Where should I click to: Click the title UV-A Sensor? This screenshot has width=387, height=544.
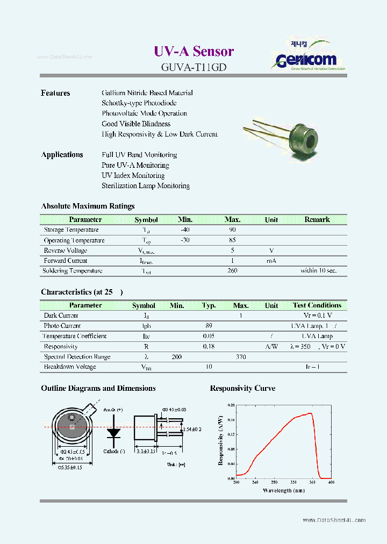pyautogui.click(x=193, y=51)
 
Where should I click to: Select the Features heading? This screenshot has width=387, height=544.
pyautogui.click(x=55, y=93)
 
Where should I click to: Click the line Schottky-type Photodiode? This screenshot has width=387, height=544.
pyautogui.click(x=139, y=103)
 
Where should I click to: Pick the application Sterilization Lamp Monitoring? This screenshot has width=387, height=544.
pyautogui.click(x=146, y=186)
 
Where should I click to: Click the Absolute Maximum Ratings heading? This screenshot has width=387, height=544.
pyautogui.click(x=88, y=206)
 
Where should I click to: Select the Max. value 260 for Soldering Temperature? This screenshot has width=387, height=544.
pyautogui.click(x=232, y=271)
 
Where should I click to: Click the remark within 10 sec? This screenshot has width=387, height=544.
pyautogui.click(x=318, y=271)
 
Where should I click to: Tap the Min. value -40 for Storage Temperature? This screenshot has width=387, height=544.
pyautogui.click(x=185, y=230)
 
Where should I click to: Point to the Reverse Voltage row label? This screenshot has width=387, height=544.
pyautogui.click(x=66, y=250)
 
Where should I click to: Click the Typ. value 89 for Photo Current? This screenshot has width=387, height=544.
pyautogui.click(x=209, y=326)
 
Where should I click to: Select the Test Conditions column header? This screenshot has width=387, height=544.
pyautogui.click(x=317, y=305)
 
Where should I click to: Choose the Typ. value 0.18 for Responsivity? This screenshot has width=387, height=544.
pyautogui.click(x=209, y=347)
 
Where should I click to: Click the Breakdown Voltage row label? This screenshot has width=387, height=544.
pyautogui.click(x=70, y=367)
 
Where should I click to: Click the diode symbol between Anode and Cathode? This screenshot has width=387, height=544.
pyautogui.click(x=113, y=432)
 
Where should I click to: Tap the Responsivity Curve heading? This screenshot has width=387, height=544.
pyautogui.click(x=242, y=389)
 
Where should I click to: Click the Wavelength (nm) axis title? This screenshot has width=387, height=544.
pyautogui.click(x=284, y=490)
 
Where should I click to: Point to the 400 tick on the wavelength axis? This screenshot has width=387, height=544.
pyautogui.click(x=331, y=483)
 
